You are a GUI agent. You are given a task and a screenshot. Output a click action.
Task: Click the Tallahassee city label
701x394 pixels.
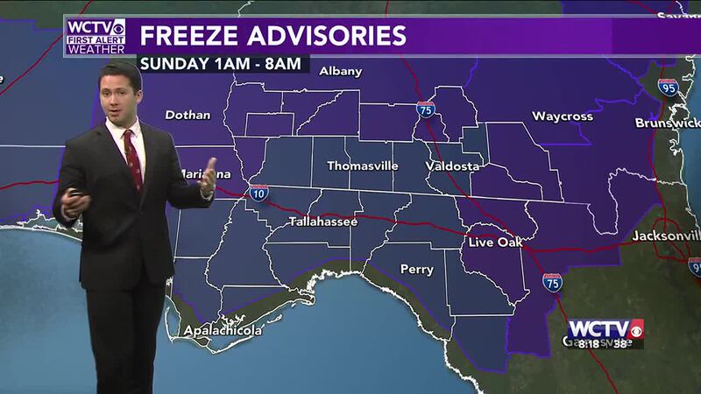pos(323,222)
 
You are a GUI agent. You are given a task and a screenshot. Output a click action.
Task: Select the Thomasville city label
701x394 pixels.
pos(362,165)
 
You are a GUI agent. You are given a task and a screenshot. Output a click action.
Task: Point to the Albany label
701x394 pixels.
pos(340,71)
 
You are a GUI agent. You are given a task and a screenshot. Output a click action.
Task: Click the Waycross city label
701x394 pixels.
pos(563,116)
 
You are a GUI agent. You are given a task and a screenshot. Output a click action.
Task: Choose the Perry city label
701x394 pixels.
pos(417,269)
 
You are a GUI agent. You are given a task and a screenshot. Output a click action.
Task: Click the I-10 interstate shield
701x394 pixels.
pos(258,193)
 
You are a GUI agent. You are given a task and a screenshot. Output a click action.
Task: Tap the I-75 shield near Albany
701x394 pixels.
pos(425,109)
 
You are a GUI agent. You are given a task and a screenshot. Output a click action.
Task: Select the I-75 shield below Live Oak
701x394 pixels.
pos(551,282)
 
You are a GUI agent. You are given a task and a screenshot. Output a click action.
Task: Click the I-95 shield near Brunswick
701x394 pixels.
pos(668,87)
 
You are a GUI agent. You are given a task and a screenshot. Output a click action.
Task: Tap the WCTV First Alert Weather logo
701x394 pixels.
pos(95,36)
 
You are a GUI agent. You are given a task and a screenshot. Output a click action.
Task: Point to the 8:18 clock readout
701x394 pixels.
pos(587,344)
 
